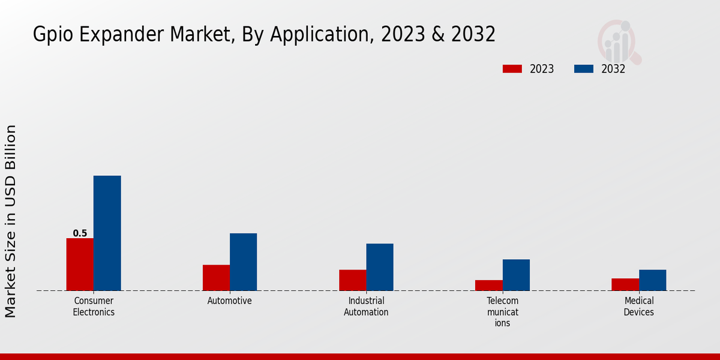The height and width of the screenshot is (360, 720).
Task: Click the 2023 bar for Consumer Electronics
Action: (x=80, y=265)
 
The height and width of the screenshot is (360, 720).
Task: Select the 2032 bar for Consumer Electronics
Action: (x=107, y=233)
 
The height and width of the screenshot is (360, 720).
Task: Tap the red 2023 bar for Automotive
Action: (x=216, y=278)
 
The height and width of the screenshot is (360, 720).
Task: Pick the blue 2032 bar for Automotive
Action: (x=243, y=262)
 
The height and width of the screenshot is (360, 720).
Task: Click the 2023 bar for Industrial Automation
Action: (x=352, y=280)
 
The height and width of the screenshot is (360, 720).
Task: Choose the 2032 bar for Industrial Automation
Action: (x=380, y=267)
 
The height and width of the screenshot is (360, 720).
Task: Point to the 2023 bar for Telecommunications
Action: (x=488, y=286)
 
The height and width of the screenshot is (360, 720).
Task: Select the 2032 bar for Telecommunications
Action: (x=516, y=275)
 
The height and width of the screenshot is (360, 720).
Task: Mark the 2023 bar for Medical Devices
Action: (x=625, y=284)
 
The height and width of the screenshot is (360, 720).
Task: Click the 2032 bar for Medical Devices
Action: (x=652, y=280)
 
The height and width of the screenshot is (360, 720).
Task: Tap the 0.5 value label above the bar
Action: (x=80, y=233)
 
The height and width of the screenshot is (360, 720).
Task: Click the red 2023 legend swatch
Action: (x=512, y=69)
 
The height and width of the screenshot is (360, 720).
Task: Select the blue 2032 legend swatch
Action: (x=583, y=69)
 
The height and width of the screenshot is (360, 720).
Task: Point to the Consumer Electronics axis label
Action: (x=94, y=307)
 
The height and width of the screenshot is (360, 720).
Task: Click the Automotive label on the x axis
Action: (x=230, y=301)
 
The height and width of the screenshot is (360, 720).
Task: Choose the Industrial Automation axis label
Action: (x=366, y=307)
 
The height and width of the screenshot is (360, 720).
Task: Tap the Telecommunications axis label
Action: (x=502, y=312)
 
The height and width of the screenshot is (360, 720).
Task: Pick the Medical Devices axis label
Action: (x=639, y=307)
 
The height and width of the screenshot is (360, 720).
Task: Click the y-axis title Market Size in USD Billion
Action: (x=11, y=221)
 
